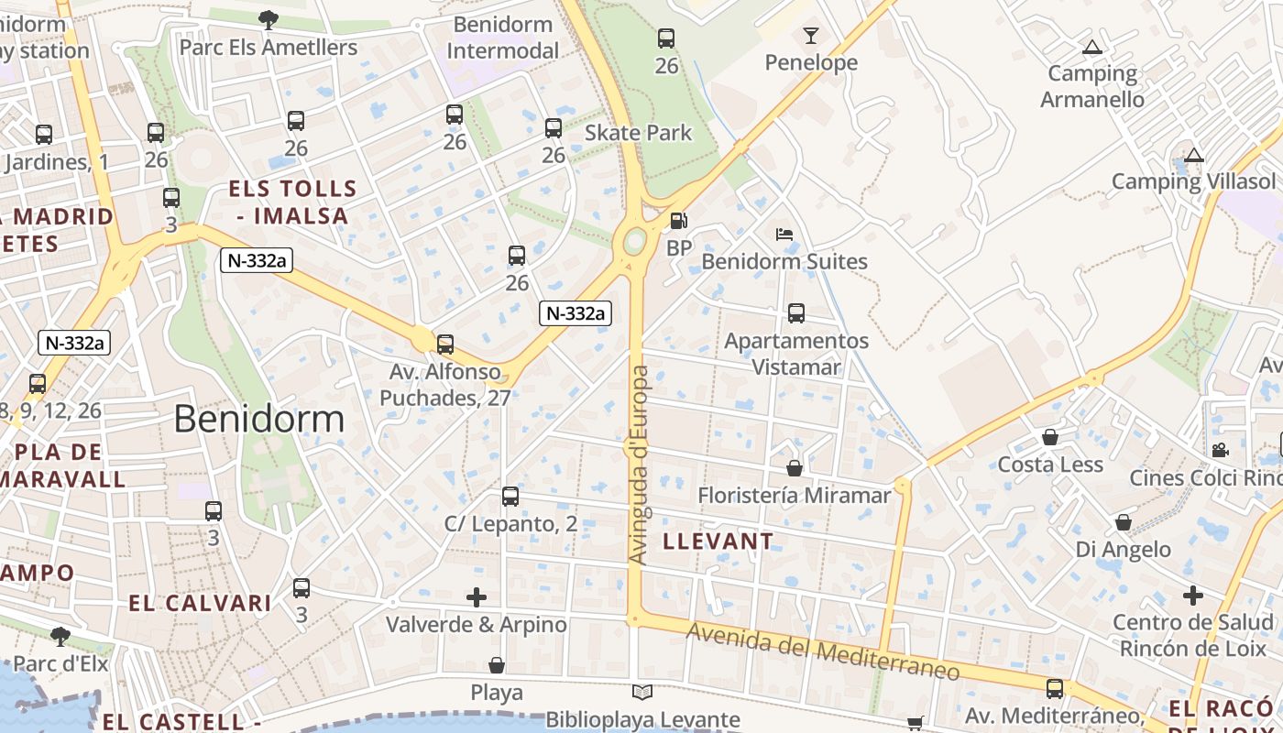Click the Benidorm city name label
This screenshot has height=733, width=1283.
point(258,420)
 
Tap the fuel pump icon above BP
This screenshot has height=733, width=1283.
point(678,221)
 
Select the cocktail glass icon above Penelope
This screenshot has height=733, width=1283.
point(811,36)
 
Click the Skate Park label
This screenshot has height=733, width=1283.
point(639,133)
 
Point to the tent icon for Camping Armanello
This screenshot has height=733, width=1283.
point(1091,48)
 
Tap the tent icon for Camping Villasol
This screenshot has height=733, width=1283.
point(1193,155)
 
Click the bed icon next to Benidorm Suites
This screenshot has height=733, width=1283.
point(784,235)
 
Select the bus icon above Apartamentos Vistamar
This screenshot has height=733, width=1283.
point(796,313)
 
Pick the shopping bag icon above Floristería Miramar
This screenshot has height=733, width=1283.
point(795,468)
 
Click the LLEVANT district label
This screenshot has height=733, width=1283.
point(718,542)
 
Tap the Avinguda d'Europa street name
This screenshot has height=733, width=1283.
point(639,465)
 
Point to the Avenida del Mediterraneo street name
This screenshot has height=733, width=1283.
point(822,651)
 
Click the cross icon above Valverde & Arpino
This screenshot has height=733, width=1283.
point(477,598)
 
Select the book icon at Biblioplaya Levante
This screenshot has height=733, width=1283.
point(642,693)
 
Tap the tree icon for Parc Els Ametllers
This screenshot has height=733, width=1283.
point(269,18)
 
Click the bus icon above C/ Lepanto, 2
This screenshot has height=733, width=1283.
point(510,497)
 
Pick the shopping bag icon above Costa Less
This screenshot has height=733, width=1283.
point(1050,437)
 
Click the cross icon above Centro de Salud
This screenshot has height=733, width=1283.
point(1192,596)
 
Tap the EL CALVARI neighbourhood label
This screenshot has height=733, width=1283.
point(200,603)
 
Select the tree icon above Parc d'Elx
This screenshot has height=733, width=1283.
point(60,636)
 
